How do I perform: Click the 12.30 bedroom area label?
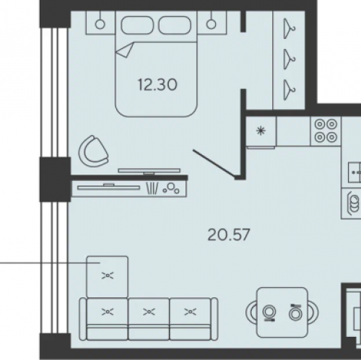point(157,85)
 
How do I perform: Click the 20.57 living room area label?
point(229,234)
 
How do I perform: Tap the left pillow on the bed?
point(137,25)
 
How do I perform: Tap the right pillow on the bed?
point(175,25)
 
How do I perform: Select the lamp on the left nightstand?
point(100,25)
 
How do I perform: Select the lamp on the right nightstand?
point(212,25)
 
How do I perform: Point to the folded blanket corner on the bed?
point(125,50)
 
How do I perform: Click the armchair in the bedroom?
point(93,151)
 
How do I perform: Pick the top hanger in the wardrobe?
point(289,29)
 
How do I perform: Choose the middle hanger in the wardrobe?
point(289,59)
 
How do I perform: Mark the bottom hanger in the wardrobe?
point(289,89)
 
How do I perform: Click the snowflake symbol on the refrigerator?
point(261,131)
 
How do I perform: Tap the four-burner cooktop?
point(326,131)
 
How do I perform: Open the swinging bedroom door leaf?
point(214,164)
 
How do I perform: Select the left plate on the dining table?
point(269,313)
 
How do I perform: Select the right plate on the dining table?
point(295,312)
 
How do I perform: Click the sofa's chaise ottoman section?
point(108,276)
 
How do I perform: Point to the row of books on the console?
point(152,188)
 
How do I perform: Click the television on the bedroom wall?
point(149,171)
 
